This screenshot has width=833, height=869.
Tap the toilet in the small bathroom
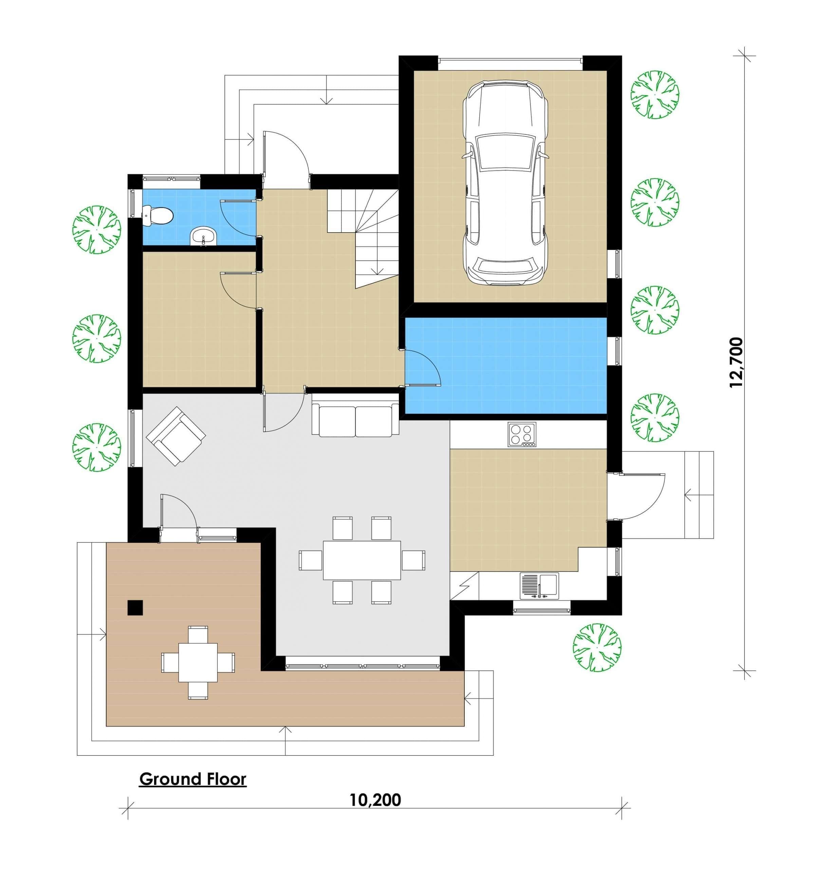pyautogui.click(x=158, y=216)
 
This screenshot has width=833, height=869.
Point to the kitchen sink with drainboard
pyautogui.click(x=539, y=587)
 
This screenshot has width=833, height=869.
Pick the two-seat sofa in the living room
pyautogui.click(x=355, y=419)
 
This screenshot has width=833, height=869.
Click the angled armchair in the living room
pyautogui.click(x=176, y=436)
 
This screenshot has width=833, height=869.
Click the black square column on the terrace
pyautogui.click(x=135, y=607)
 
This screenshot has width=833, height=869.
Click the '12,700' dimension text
pyautogui.click(x=736, y=363)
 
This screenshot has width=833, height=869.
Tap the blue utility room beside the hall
pyautogui.click(x=505, y=366)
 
